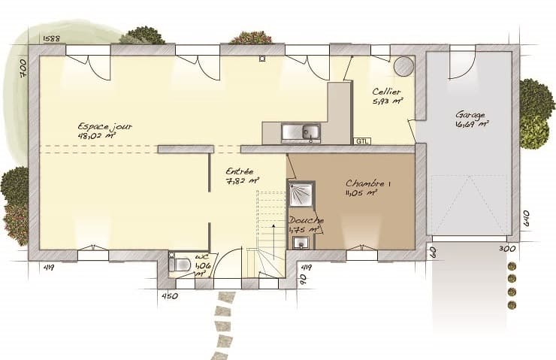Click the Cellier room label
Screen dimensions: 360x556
point(386,92)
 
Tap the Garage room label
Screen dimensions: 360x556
point(470,115)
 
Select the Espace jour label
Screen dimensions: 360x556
point(104,127)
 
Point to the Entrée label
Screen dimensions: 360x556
point(239,171)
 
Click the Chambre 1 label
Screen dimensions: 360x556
point(368,183)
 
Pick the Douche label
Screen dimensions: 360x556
point(306,220)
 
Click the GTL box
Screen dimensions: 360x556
point(362,141)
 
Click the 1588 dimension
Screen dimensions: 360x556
point(51,38)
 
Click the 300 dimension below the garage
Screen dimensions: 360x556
point(507,248)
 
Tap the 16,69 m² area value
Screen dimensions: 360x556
point(473,125)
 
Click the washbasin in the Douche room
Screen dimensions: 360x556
point(301,242)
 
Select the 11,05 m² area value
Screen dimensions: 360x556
point(361,193)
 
